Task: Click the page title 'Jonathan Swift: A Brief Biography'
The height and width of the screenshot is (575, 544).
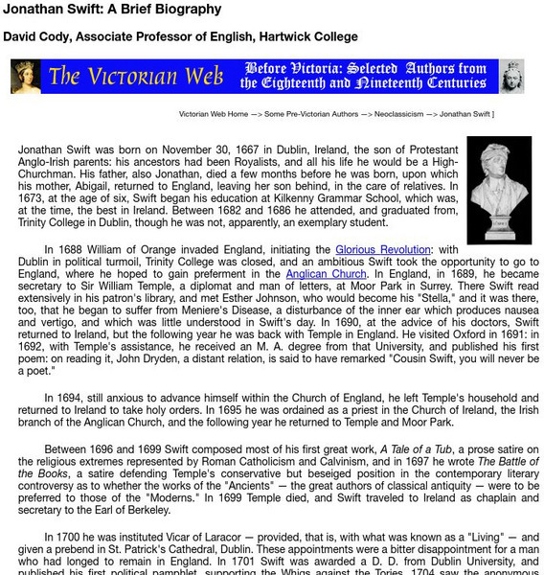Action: [x=112, y=10]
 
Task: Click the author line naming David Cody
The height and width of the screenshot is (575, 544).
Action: [x=180, y=37]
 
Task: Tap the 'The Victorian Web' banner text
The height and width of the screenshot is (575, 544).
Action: [x=136, y=77]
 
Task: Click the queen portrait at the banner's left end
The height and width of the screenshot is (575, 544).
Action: [x=25, y=77]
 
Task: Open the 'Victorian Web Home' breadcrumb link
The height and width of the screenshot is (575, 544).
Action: [x=215, y=114]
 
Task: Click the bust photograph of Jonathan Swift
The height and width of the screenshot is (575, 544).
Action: [x=499, y=190]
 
